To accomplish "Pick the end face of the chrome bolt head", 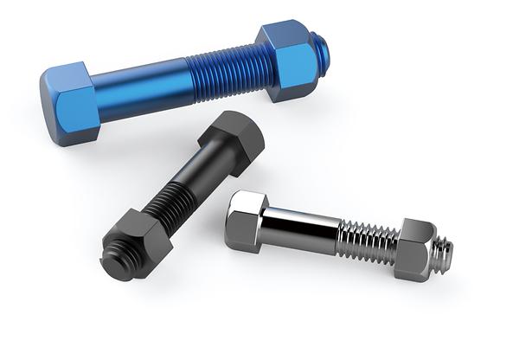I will pyautogui.click(x=237, y=221).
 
